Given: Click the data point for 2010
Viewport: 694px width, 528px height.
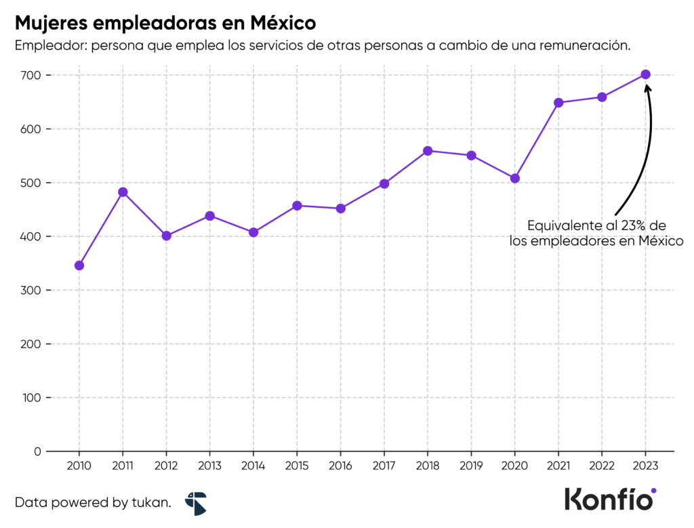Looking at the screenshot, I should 79,265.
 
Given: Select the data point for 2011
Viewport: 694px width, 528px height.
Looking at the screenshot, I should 123,192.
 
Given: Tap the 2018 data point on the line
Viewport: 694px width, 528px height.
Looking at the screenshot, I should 428,151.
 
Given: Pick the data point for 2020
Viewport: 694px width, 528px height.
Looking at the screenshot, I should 514,178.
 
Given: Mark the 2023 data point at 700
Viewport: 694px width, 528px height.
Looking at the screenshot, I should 645,74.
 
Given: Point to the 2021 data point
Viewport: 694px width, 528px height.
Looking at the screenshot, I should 558,103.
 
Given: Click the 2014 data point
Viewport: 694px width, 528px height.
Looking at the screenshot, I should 253,232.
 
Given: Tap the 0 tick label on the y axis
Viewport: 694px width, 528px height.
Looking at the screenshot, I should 38,452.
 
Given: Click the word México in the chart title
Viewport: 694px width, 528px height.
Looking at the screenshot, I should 283,22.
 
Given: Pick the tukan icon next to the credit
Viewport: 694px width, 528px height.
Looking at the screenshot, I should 196,503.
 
